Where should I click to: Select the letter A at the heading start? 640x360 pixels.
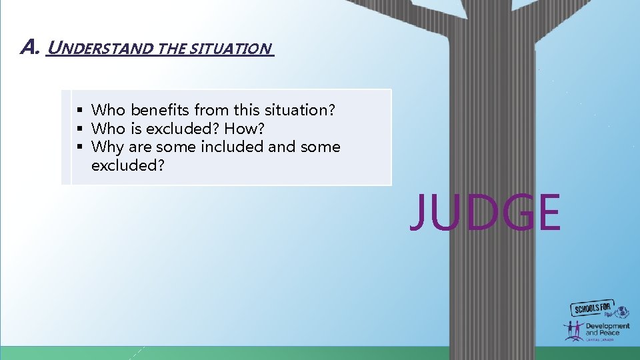pos(29,47)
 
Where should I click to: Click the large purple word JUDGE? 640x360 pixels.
pos(485,212)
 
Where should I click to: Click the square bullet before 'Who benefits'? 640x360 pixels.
pos(79,109)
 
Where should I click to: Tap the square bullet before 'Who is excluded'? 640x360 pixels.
pos(79,128)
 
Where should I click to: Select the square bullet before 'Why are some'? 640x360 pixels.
pos(79,147)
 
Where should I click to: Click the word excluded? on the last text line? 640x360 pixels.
pos(127,165)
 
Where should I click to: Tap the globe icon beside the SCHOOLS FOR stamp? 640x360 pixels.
pos(622,311)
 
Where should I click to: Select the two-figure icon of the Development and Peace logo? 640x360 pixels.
pos(573,331)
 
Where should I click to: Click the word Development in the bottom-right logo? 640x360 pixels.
pos(607,326)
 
